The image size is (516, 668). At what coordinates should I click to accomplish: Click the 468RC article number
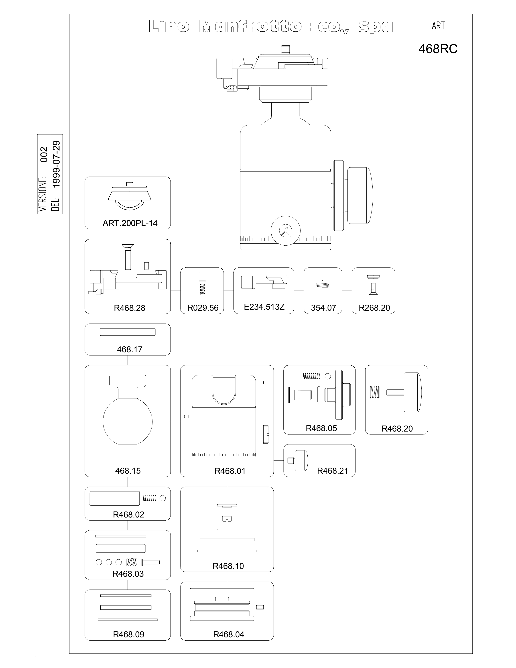pos(438,49)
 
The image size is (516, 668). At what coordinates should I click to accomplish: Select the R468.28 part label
pos(129,308)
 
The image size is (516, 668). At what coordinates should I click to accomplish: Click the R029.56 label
pos(203,308)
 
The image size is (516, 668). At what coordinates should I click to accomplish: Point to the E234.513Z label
pos(264,307)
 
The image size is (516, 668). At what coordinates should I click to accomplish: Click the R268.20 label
pos(374,308)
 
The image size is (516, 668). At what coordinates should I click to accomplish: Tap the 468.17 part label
pos(130,349)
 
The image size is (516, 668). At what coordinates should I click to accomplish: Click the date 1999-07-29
pos(56,164)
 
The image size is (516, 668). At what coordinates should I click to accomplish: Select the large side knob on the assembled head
pos(360,196)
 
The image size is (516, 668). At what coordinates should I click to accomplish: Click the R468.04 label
pos(229,634)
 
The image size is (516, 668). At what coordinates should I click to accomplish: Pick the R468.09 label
pos(128,634)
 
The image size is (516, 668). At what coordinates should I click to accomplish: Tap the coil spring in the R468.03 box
pos(132,562)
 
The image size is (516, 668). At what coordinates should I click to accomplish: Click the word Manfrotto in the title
pos(250,27)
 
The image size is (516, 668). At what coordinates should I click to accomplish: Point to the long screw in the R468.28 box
pos(128,257)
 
